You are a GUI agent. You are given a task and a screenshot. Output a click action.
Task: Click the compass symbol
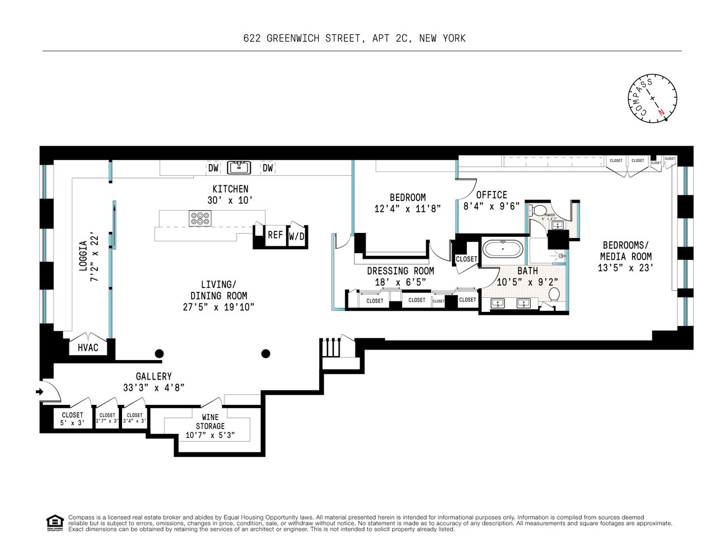[652, 99]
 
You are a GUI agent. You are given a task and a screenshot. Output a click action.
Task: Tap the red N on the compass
[662, 112]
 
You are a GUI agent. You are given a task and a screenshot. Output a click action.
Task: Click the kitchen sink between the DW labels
[240, 167]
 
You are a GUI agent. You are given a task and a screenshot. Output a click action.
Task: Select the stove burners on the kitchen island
[200, 218]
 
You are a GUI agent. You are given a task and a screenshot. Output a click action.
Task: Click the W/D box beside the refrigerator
[297, 236]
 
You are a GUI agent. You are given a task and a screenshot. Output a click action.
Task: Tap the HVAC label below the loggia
[88, 348]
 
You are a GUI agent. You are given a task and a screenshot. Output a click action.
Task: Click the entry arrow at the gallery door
[40, 391]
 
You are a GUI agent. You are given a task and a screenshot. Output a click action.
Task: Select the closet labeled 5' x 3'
[72, 419]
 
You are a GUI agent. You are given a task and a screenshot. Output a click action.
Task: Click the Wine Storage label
[210, 422]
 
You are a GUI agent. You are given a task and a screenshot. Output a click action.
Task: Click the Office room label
[492, 195]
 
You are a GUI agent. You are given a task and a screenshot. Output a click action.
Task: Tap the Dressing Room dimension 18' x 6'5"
[400, 282]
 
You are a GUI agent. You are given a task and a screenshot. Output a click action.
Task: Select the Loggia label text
[83, 256]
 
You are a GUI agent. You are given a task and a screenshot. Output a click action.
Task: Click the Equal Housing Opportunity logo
[54, 523]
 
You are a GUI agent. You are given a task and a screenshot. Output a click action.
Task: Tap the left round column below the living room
[160, 353]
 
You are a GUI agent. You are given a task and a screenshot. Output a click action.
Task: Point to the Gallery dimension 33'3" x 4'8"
[153, 388]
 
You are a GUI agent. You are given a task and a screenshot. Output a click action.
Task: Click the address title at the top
[354, 38]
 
